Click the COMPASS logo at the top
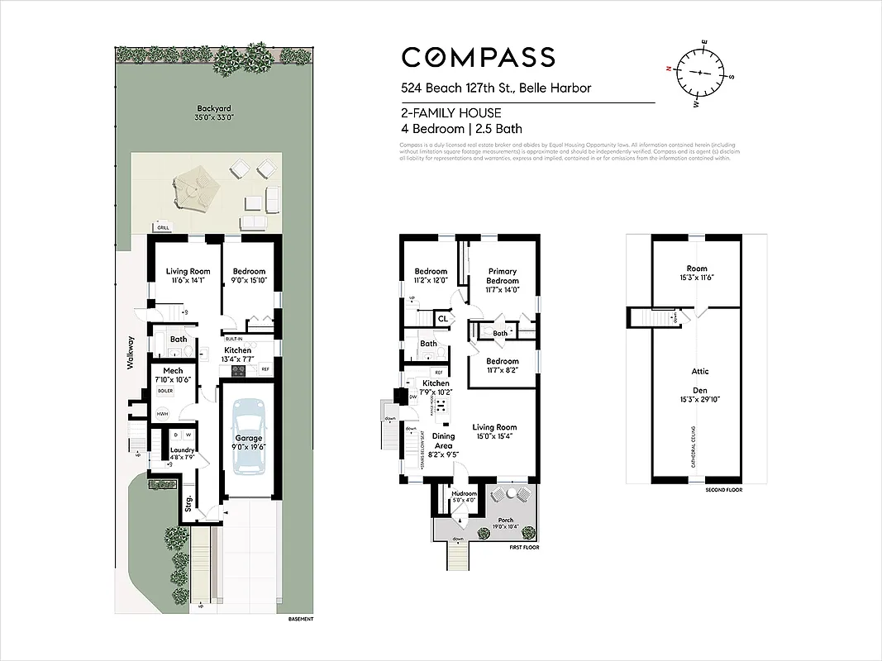478,57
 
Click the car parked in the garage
249,436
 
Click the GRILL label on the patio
163,226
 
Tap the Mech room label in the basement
173,371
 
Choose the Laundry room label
182,450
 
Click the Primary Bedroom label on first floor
502,276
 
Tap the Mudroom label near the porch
463,493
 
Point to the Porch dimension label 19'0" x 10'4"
505,526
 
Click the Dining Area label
443,441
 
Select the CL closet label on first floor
443,318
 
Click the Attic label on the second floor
699,371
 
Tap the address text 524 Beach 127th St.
496,88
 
